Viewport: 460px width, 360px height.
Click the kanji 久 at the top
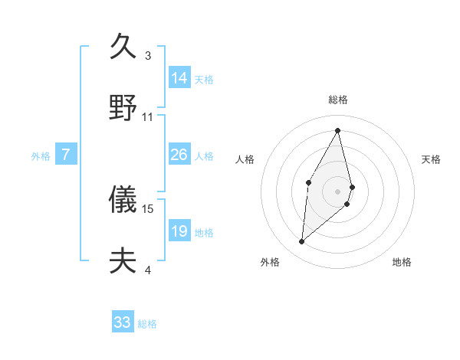click(123, 47)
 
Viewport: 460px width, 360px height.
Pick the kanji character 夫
click(123, 260)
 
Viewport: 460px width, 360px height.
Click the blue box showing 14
click(179, 77)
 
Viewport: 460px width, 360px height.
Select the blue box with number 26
click(179, 155)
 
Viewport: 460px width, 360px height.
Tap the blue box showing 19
click(179, 231)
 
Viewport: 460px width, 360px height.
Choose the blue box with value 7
click(67, 155)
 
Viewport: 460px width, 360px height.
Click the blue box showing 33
click(123, 322)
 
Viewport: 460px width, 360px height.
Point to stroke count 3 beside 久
click(148, 56)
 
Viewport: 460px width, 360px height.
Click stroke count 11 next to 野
click(148, 117)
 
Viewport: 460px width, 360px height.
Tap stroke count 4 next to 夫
click(148, 270)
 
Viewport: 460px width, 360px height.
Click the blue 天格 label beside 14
click(204, 79)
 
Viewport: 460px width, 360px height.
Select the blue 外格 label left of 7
click(41, 156)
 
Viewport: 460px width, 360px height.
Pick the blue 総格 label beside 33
click(147, 324)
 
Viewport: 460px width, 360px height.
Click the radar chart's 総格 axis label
click(338, 100)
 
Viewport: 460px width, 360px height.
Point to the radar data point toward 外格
click(302, 242)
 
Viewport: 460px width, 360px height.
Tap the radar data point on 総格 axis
click(338, 130)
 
